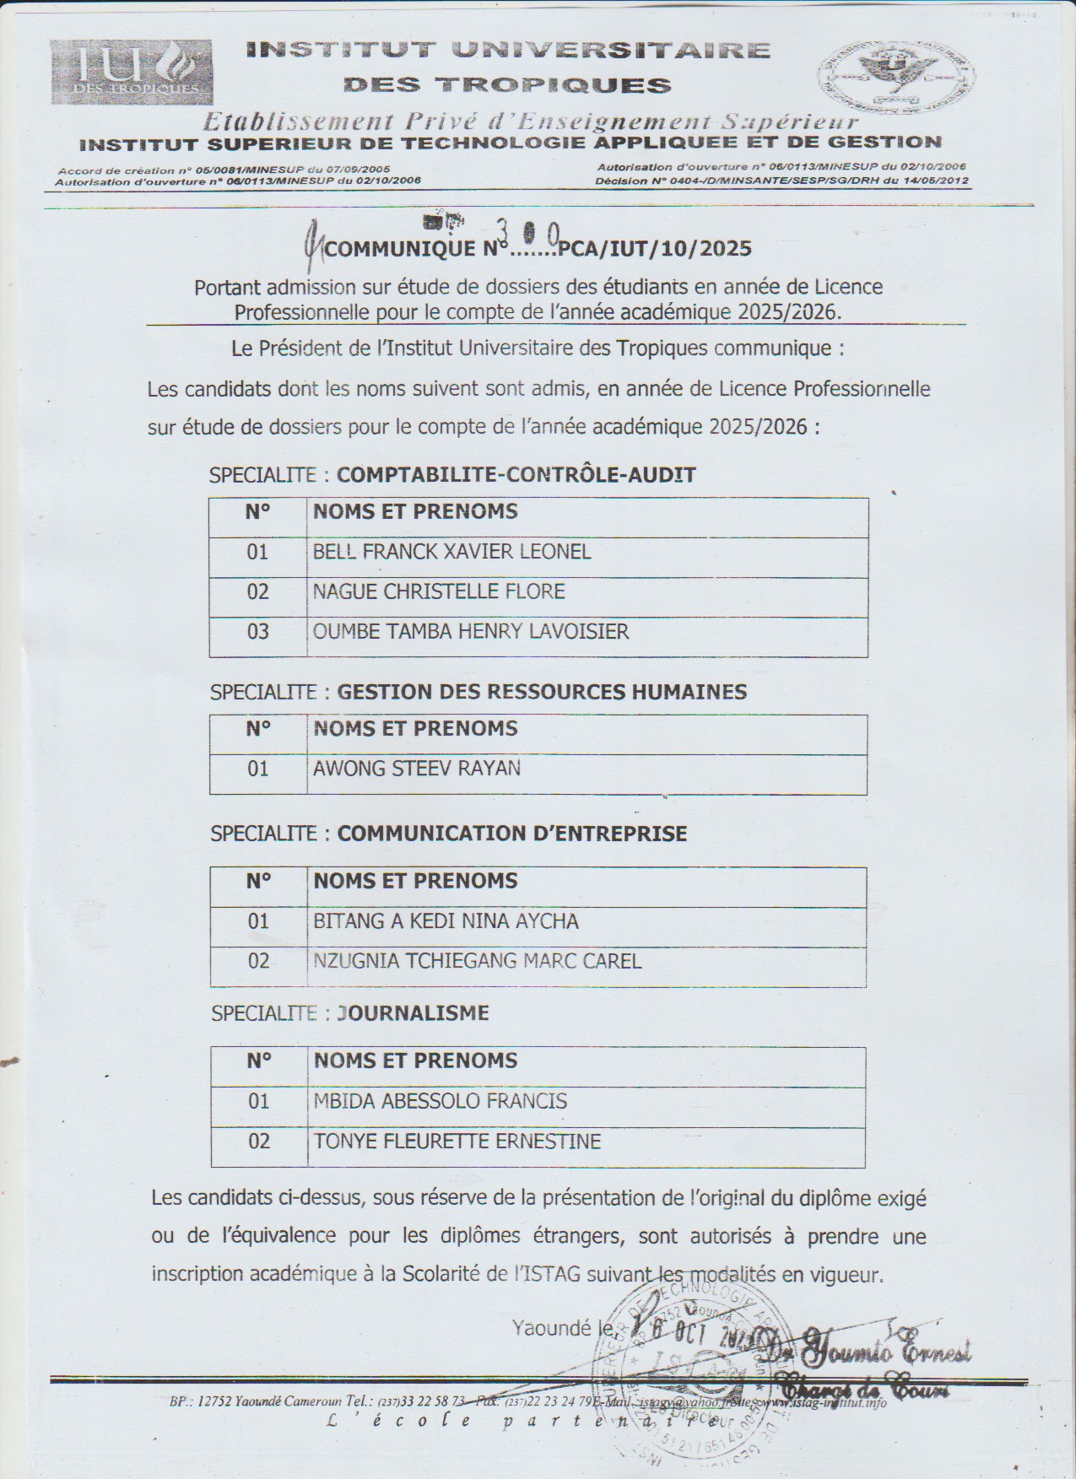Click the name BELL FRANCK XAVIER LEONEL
coord(451,552)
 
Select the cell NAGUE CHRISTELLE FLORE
coord(438,591)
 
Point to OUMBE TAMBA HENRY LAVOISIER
coord(471,631)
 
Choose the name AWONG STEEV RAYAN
coord(417,769)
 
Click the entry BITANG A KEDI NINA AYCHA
coord(446,921)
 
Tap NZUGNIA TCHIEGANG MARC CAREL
coord(477,961)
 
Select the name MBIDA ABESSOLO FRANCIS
coord(440,1101)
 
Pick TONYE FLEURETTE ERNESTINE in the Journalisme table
coord(457,1142)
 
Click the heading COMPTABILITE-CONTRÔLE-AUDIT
coord(516,475)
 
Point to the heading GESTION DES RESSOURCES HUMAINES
coord(542,693)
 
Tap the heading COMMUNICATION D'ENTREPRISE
coord(512,834)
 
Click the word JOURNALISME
coord(413,1012)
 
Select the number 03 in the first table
coord(257,631)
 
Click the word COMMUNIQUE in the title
coord(400,249)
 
